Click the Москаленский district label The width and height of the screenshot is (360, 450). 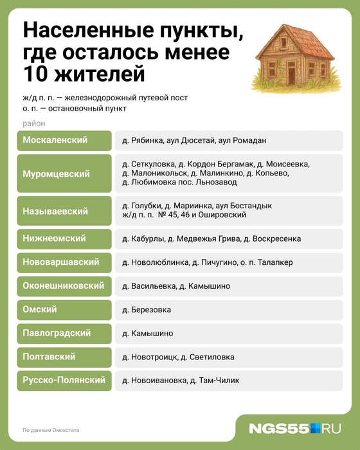pyautogui.click(x=55, y=139)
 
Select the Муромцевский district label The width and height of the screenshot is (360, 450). pyautogui.click(x=57, y=174)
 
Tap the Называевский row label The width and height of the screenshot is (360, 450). pyautogui.click(x=55, y=210)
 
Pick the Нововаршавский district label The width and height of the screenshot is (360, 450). pyautogui.click(x=60, y=262)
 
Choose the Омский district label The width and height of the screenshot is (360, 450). pyautogui.click(x=40, y=310)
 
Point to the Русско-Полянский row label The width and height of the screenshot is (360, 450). pyautogui.click(x=64, y=380)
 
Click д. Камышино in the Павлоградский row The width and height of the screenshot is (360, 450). pyautogui.click(x=147, y=334)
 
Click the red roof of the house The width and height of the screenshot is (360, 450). pyautogui.click(x=293, y=38)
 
